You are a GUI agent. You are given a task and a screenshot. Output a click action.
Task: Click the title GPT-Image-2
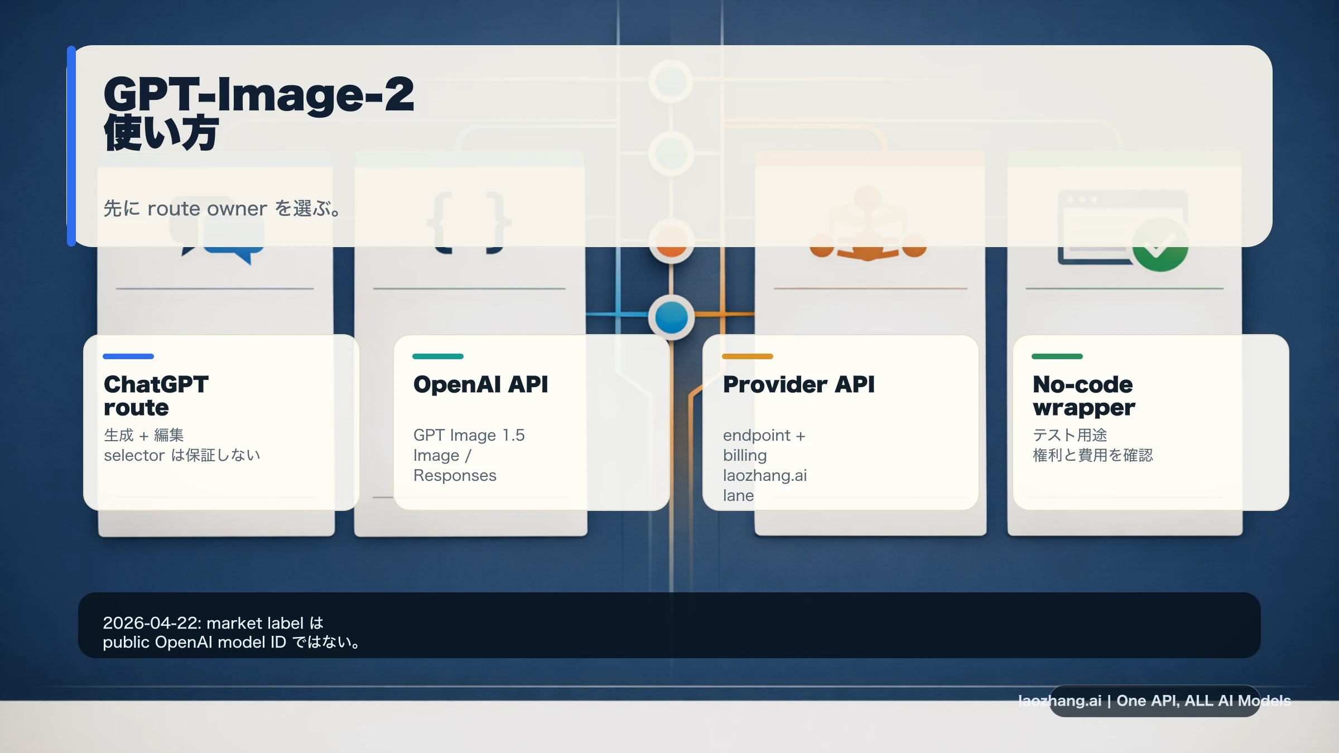pyautogui.click(x=259, y=95)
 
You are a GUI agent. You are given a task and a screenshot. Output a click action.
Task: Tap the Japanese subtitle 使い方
pyautogui.click(x=161, y=133)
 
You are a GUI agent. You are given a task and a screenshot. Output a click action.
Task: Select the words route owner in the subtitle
pyautogui.click(x=207, y=209)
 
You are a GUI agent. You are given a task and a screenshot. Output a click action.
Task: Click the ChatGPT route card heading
pyautogui.click(x=156, y=396)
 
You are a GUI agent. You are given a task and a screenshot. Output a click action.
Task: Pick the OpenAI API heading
pyautogui.click(x=480, y=384)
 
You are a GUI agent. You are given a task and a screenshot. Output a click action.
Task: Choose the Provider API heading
pyautogui.click(x=798, y=384)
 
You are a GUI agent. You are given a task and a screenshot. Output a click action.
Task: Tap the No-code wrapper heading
pyautogui.click(x=1083, y=396)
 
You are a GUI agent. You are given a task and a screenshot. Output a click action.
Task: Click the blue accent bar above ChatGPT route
pyautogui.click(x=128, y=356)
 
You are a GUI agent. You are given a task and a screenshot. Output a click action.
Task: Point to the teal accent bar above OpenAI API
pyautogui.click(x=438, y=356)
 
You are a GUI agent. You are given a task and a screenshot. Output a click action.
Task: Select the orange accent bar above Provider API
pyautogui.click(x=748, y=356)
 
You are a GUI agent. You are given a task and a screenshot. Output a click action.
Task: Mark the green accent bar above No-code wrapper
pyautogui.click(x=1057, y=356)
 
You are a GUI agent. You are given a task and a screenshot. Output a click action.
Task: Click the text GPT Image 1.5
pyautogui.click(x=469, y=435)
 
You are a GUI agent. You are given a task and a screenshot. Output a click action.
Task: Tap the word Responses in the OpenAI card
pyautogui.click(x=455, y=475)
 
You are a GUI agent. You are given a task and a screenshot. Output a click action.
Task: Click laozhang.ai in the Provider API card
pyautogui.click(x=765, y=475)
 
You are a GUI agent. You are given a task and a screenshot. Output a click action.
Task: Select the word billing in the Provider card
pyautogui.click(x=745, y=456)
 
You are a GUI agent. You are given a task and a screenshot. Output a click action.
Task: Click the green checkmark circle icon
pyautogui.click(x=1160, y=245)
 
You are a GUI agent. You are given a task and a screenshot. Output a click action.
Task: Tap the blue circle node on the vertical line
pyautogui.click(x=672, y=317)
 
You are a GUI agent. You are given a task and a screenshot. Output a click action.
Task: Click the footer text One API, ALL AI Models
pyautogui.click(x=1203, y=701)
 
